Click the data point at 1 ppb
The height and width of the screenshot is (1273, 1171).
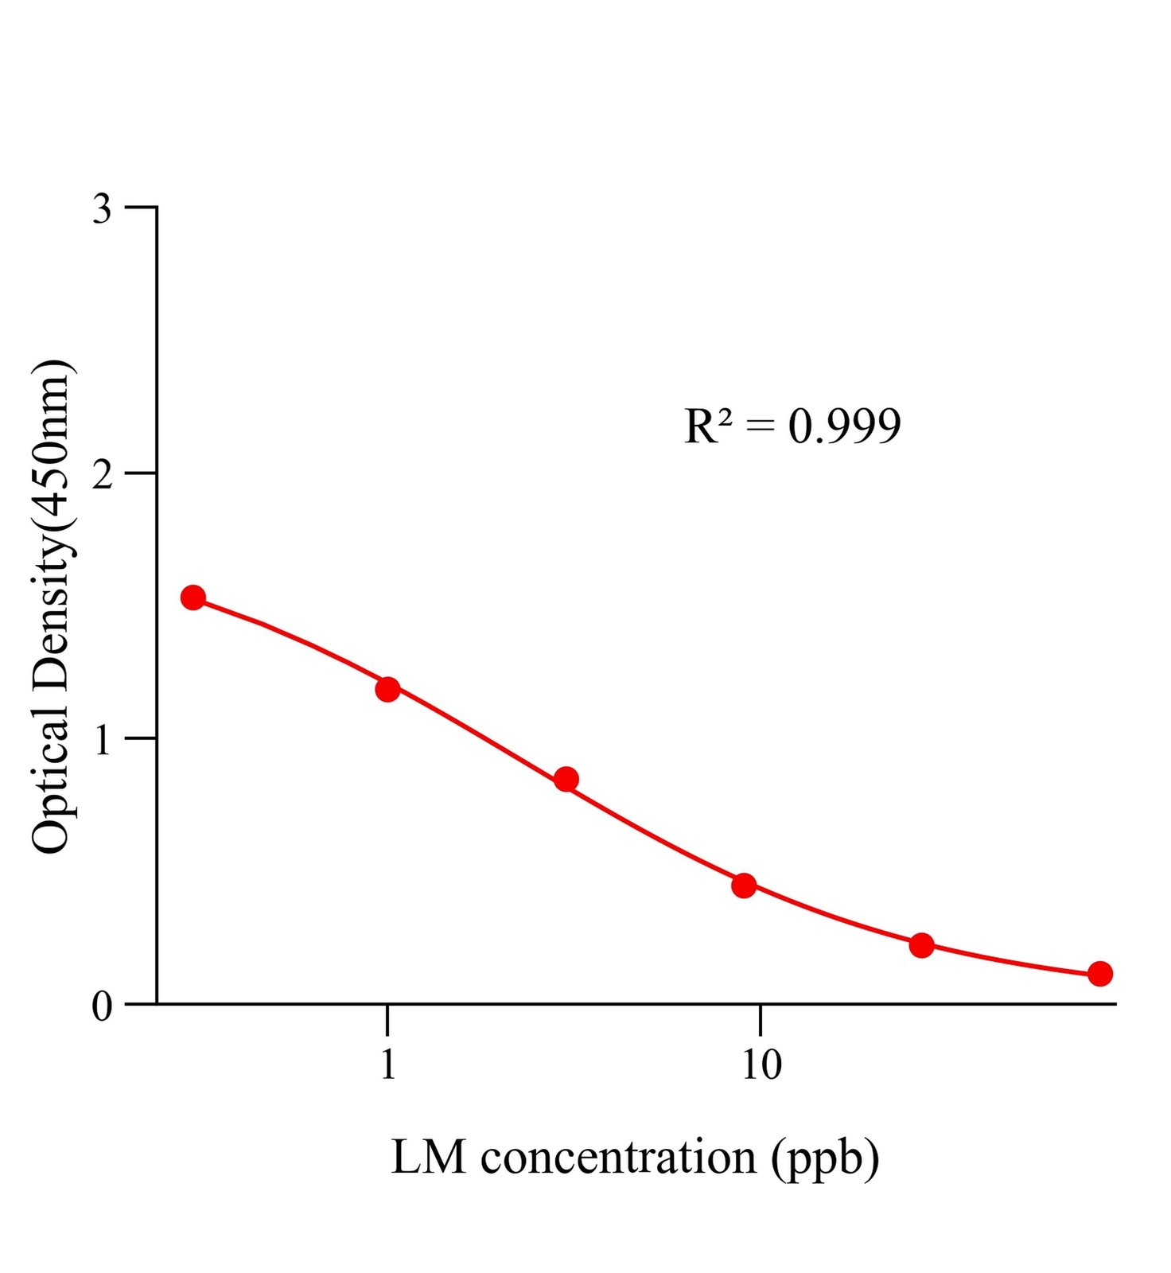[387, 689]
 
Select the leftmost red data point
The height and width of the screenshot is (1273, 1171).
[193, 598]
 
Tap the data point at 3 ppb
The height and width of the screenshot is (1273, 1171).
[566, 779]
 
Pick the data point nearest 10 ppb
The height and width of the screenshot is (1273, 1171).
[744, 886]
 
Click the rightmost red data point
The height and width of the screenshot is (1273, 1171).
[1100, 973]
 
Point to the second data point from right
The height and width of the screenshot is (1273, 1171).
[921, 945]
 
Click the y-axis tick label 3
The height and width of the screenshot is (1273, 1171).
[103, 209]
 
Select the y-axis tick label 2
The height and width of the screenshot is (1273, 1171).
[103, 475]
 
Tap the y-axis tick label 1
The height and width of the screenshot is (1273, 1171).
[103, 741]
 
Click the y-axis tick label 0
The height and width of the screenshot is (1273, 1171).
[103, 1006]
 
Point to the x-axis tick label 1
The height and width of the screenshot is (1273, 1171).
[387, 1065]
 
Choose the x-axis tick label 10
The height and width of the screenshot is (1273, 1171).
[761, 1065]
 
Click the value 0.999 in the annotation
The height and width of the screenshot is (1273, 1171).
[844, 426]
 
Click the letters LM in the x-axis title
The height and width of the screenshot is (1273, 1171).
[428, 1158]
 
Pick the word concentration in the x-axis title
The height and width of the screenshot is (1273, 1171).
[618, 1158]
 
